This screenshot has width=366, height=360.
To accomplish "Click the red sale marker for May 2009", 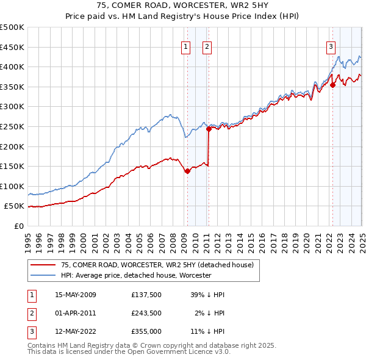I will click(x=187, y=171).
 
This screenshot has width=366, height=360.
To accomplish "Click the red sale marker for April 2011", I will click(x=209, y=129).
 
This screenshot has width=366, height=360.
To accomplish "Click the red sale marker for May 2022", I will click(x=332, y=85).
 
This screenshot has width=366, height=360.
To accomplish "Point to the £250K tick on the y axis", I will click(x=12, y=126).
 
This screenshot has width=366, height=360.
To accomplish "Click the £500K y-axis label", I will click(x=12, y=27).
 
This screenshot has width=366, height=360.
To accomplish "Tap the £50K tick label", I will click(x=14, y=206).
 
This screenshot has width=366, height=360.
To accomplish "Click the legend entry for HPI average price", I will click(x=135, y=275).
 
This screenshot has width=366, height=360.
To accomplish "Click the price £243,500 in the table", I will click(x=146, y=313).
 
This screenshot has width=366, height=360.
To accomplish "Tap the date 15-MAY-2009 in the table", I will click(x=76, y=295).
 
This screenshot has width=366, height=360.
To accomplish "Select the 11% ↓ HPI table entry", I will click(x=209, y=331).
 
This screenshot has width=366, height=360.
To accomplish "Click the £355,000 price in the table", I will click(x=146, y=331).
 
